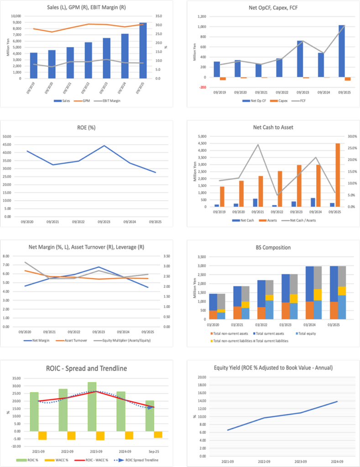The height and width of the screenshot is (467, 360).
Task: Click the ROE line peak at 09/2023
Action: [104, 146]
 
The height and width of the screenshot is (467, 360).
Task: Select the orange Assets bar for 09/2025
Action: [338, 175]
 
